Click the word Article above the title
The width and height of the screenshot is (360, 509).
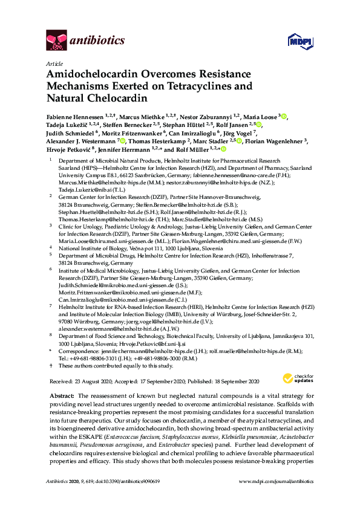53,63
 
